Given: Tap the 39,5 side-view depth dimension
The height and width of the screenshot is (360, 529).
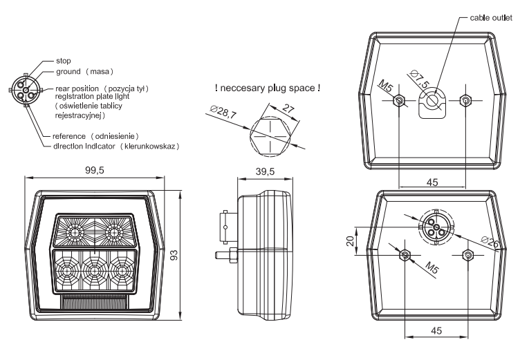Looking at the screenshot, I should pyautogui.click(x=266, y=171).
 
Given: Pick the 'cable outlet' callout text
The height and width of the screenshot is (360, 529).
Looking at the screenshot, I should pyautogui.click(x=491, y=17).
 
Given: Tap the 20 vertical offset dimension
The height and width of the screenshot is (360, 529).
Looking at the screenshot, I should pyautogui.click(x=350, y=240).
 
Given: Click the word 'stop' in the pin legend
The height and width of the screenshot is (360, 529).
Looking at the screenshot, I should pyautogui.click(x=64, y=61).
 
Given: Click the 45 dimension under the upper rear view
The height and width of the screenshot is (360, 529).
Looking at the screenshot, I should pyautogui.click(x=432, y=181).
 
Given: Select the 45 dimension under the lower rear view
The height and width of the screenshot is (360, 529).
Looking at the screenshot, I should pyautogui.click(x=436, y=331).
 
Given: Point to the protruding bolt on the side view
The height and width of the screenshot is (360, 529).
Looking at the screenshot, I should pyautogui.click(x=225, y=255).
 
